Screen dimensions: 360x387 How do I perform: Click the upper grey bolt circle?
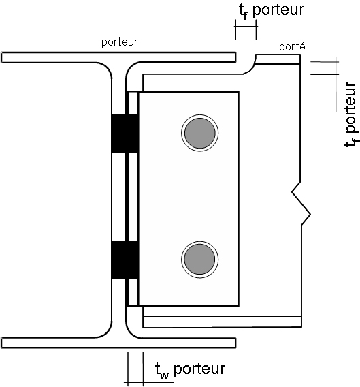click(199, 133)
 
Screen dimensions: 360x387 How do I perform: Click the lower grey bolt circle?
click(199, 260)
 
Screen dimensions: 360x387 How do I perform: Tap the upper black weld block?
click(125, 134)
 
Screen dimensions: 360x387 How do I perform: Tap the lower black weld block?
click(125, 260)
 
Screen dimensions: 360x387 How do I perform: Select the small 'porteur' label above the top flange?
click(120, 42)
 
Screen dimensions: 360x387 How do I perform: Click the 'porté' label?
click(292, 46)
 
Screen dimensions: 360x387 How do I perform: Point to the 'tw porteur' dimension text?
click(190, 369)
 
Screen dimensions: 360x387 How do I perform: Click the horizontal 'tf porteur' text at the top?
click(272, 10)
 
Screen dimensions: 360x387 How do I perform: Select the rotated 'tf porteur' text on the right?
click(351, 114)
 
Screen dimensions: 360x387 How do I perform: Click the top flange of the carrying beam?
click(118, 57)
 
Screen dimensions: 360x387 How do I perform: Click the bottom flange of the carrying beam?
click(118, 343)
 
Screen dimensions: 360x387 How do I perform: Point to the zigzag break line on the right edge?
click(301, 204)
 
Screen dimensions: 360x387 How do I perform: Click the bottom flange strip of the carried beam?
click(222, 322)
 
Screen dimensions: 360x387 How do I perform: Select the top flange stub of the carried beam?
click(278, 59)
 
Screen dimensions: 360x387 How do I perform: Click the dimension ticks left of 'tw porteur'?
click(135, 369)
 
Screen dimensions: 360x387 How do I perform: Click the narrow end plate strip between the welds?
click(133, 197)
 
